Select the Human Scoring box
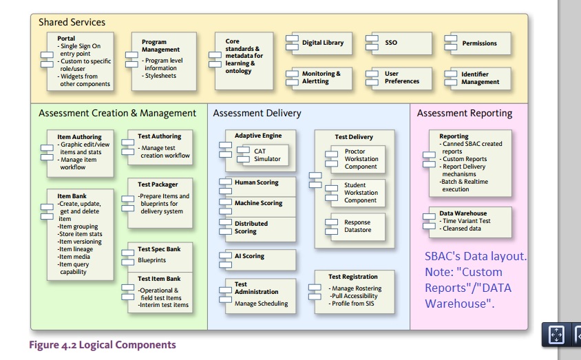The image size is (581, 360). point(257,183)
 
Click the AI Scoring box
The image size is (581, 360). point(256,257)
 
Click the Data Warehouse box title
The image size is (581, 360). point(463,213)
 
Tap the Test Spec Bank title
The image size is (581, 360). point(159,249)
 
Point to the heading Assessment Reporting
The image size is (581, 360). point(465,113)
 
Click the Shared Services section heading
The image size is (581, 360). point(72,22)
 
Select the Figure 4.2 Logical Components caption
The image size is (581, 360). point(102,345)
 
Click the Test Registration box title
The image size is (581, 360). point(353,277)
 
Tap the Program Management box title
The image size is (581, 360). point(160,46)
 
